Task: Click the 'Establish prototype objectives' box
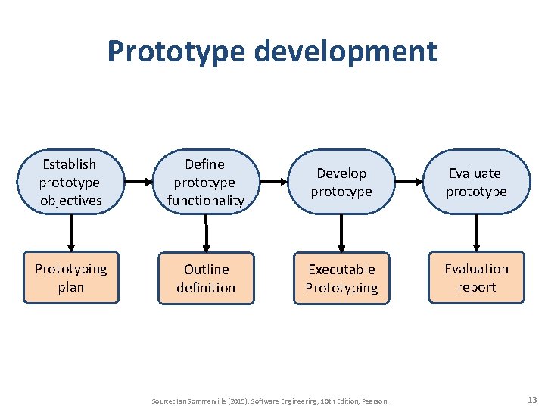pyautogui.click(x=70, y=183)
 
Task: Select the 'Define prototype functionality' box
pyautogui.click(x=205, y=183)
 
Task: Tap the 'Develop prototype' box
pyautogui.click(x=341, y=183)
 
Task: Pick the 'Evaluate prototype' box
pyautogui.click(x=476, y=183)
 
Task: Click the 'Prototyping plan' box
pyautogui.click(x=71, y=278)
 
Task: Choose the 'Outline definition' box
pyautogui.click(x=206, y=278)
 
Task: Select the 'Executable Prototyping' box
pyautogui.click(x=341, y=278)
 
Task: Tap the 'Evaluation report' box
pyautogui.click(x=476, y=278)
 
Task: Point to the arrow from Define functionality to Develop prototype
pyautogui.click(x=273, y=183)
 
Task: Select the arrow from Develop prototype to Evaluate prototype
pyautogui.click(x=409, y=183)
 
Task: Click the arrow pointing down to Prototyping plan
pyautogui.click(x=71, y=233)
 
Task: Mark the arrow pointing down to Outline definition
pyautogui.click(x=206, y=233)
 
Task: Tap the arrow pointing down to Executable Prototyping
pyautogui.click(x=341, y=233)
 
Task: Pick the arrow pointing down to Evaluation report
pyautogui.click(x=476, y=233)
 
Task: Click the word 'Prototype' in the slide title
pyautogui.click(x=176, y=52)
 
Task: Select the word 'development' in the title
pyautogui.click(x=346, y=52)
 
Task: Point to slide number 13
pyautogui.click(x=531, y=399)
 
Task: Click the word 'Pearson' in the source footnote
pyautogui.click(x=376, y=401)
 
